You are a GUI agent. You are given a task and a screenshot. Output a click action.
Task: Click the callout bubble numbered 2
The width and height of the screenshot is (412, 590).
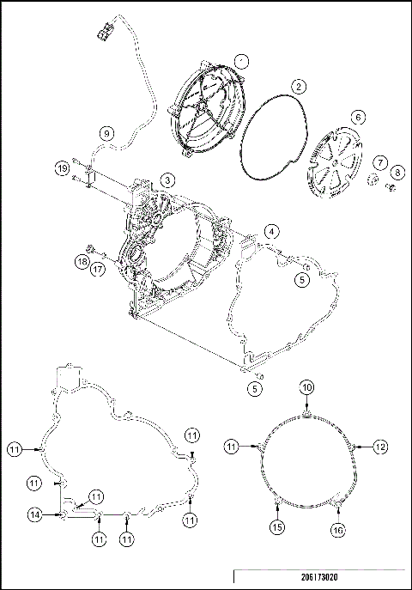(298, 86)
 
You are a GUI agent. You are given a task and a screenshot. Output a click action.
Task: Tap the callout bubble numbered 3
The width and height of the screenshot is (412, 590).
(167, 179)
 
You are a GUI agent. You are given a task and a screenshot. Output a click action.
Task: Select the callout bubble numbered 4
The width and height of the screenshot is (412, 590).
(270, 231)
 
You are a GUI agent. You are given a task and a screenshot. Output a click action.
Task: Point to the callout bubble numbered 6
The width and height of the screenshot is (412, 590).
(357, 117)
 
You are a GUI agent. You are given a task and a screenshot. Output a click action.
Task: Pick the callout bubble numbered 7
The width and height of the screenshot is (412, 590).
(378, 161)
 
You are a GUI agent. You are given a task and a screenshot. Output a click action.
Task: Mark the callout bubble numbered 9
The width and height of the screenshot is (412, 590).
(105, 133)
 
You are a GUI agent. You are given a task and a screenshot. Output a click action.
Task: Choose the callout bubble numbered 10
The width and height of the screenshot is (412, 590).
(307, 388)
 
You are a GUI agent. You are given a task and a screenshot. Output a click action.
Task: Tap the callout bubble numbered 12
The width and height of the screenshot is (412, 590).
(380, 447)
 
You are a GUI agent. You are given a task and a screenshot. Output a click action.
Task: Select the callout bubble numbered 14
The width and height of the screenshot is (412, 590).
(33, 514)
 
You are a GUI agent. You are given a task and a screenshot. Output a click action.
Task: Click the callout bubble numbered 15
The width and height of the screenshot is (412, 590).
(276, 526)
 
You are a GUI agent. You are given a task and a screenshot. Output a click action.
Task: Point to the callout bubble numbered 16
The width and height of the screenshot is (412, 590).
(337, 530)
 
